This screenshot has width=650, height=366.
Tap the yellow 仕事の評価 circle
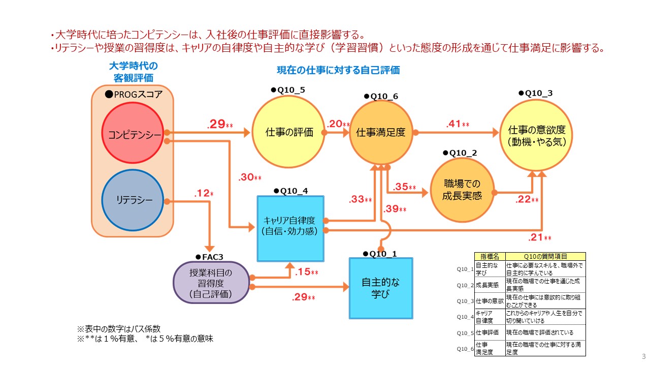tap(289, 133)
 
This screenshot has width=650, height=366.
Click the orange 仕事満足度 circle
tap(380, 133)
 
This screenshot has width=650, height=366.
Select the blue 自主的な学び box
tap(381, 288)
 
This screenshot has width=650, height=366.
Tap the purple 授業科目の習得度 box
tap(211, 283)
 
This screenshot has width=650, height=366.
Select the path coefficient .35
tap(401, 187)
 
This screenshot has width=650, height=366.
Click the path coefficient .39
tap(392, 209)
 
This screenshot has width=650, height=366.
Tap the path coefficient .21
tap(536, 237)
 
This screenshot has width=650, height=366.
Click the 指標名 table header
tap(490, 257)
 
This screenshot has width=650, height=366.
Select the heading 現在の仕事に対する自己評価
tap(338, 70)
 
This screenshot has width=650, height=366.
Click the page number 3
tap(644, 355)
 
